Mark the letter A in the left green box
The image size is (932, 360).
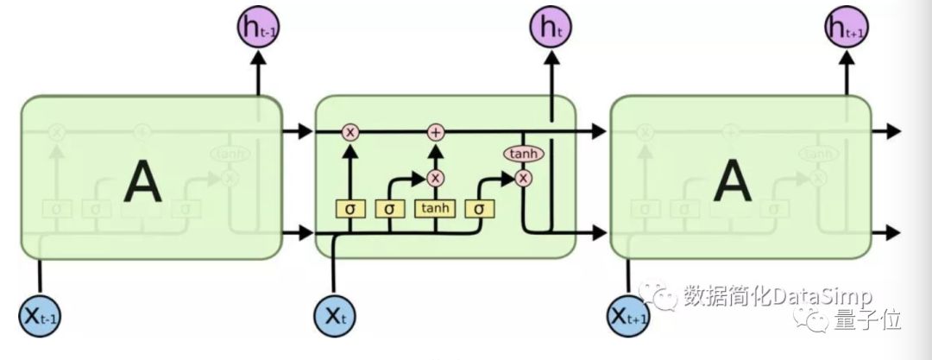142,183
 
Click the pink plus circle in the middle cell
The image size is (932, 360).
436,131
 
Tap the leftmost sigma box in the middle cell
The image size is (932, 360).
349,208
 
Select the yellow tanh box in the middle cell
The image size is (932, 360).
436,208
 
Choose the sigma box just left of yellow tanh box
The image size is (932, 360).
390,208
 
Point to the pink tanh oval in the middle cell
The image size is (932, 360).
523,154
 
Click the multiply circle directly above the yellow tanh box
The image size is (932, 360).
436,178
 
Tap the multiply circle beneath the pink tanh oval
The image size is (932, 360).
523,178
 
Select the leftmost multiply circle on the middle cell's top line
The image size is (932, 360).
349,131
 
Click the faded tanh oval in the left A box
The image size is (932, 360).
229,154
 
